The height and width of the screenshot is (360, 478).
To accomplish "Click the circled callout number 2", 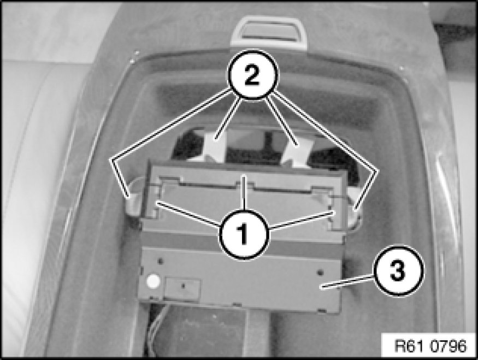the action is pos(253,75).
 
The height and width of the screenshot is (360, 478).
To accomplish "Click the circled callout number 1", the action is pos(243,234).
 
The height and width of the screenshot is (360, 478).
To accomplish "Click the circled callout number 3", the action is pos(398,272).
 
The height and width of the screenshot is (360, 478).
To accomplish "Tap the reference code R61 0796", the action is pos(430,346).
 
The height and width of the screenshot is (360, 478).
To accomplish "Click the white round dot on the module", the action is pos(153,281).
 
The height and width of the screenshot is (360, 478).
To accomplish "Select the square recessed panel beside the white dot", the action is pos(182,288).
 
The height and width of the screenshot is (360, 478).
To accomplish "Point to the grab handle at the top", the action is pos(268,33).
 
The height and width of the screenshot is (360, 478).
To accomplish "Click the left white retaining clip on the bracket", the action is pos(133,198).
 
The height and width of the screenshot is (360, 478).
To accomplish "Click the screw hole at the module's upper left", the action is pos(161,261).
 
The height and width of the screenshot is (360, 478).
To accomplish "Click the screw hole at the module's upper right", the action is pos(320,271).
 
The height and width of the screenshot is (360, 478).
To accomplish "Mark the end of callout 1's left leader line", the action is pos(157,202).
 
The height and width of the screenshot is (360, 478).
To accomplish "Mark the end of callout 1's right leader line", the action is pos(332,212).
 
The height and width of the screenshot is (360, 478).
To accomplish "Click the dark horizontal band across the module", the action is pos(241,241).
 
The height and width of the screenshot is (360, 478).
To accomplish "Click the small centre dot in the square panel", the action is pos(183,286).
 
